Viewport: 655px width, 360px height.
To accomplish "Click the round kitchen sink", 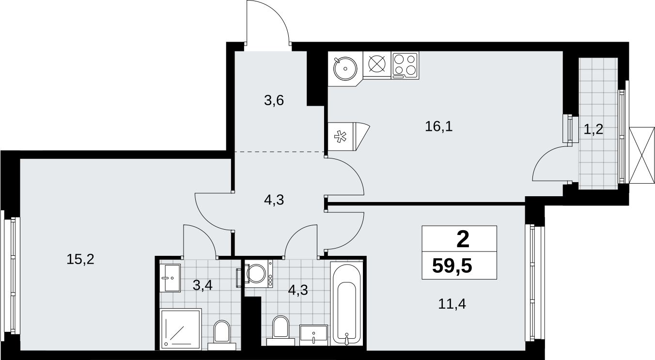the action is tap(345, 69).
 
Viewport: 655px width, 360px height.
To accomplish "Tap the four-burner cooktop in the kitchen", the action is tap(405, 65).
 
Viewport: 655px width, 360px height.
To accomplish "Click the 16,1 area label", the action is tap(438, 127).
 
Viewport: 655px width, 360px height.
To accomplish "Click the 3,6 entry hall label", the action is tap(274, 101).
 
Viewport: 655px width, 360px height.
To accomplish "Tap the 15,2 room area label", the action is tap(80, 259).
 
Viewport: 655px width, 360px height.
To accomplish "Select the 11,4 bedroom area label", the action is tap(452, 304).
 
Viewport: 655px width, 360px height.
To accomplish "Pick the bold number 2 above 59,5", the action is tap(463, 239).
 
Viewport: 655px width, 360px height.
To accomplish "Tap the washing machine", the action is tap(259, 274).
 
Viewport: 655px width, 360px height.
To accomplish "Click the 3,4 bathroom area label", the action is tap(203, 285).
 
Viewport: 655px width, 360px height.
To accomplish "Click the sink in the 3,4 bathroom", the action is tap(170, 278).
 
